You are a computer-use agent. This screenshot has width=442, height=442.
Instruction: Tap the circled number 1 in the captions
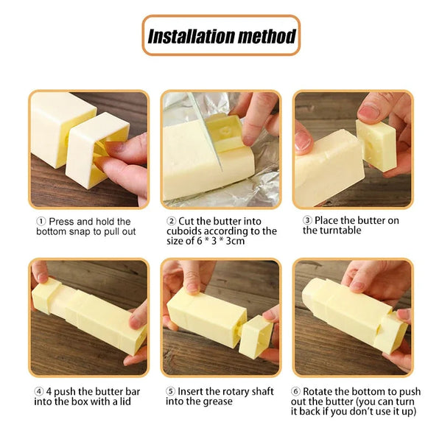point(41,221)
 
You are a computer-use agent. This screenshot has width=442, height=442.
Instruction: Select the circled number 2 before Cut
point(172,221)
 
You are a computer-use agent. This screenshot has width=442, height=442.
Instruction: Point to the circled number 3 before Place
point(308,220)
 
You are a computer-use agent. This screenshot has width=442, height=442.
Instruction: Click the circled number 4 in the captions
point(39,391)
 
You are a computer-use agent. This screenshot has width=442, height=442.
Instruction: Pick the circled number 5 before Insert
point(171,391)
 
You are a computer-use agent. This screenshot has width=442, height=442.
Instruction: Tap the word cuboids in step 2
point(184,231)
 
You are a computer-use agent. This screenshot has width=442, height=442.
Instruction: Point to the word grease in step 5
point(218,401)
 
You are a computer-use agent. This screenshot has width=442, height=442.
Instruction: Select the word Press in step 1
point(63,221)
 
